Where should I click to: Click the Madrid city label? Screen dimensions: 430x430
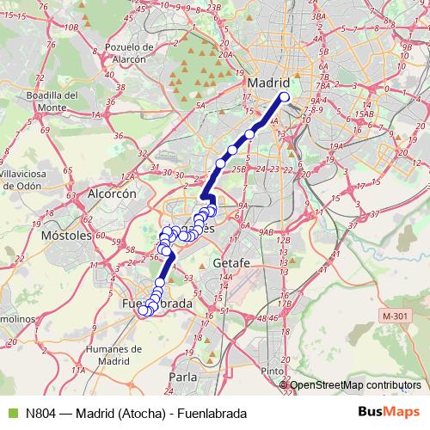pyautogui.click(x=269, y=83)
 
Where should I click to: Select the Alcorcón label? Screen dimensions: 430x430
pyautogui.click(x=112, y=195)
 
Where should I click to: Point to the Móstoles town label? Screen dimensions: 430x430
pyautogui.click(x=65, y=235)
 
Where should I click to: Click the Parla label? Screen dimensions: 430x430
pyautogui.click(x=182, y=376)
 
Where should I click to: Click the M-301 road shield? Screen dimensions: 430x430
pyautogui.click(x=395, y=316)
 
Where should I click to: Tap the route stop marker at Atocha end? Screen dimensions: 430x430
pyautogui.click(x=285, y=97)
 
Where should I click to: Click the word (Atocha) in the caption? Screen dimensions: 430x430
pyautogui.click(x=139, y=412)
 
